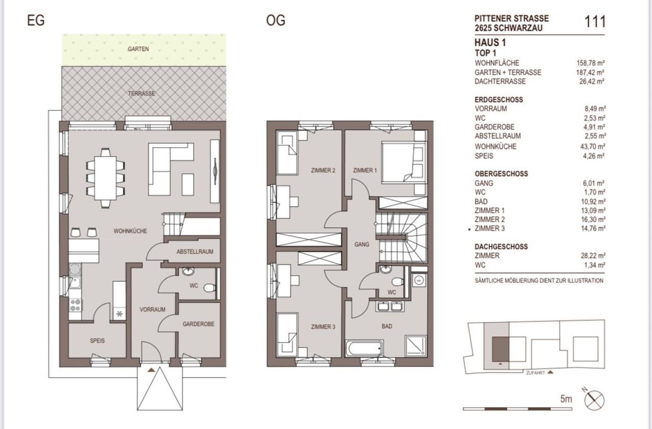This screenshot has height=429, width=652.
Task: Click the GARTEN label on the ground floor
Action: [x=138, y=49]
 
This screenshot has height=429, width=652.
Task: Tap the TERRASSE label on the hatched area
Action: [x=142, y=93]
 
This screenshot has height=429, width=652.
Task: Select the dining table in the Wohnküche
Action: [x=105, y=178]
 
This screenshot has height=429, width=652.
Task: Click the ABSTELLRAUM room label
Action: [x=195, y=251]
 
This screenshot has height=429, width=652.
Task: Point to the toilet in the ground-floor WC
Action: [x=209, y=288]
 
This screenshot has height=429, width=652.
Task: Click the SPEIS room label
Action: [x=97, y=340]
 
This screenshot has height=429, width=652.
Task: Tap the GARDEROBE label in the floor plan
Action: [x=199, y=324]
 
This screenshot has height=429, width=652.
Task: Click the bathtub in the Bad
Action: [x=364, y=349]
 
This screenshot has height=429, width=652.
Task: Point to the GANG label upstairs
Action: [x=362, y=245]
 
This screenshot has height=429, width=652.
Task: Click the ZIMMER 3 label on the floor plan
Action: [x=323, y=327]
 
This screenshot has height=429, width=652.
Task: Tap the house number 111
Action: [x=595, y=21]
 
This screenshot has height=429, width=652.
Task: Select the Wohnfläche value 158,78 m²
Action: [x=590, y=63]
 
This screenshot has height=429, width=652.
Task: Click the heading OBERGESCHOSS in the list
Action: [x=501, y=174]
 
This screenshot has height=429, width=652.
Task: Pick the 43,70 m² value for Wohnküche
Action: [x=593, y=147]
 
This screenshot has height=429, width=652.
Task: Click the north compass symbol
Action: [x=594, y=400]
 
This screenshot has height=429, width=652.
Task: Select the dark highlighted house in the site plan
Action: [x=501, y=349]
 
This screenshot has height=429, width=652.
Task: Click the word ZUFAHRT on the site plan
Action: [x=535, y=373]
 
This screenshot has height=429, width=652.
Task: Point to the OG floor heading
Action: [x=276, y=20]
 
